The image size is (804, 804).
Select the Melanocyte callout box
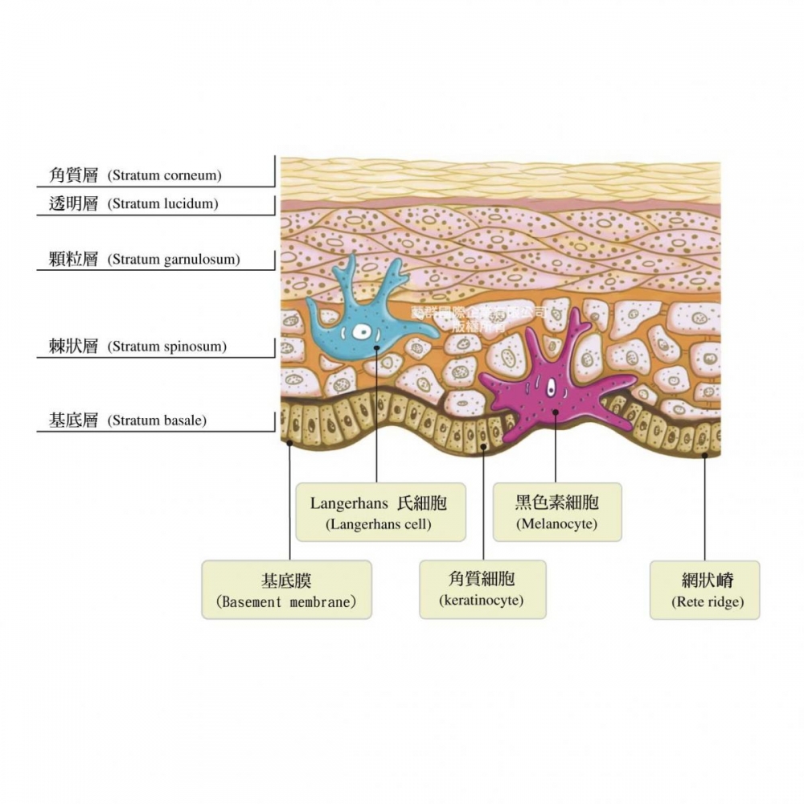[556, 512]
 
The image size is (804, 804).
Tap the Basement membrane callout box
[286, 589]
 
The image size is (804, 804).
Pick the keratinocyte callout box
[482, 589]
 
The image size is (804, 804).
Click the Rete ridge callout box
[704, 589]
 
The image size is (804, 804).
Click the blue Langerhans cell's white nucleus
[364, 332]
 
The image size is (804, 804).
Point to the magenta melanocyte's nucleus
[551, 389]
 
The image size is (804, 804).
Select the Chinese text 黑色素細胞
[556, 503]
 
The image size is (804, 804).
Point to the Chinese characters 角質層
[73, 175]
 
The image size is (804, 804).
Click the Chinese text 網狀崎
[704, 580]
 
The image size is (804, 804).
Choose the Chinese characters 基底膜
[286, 580]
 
